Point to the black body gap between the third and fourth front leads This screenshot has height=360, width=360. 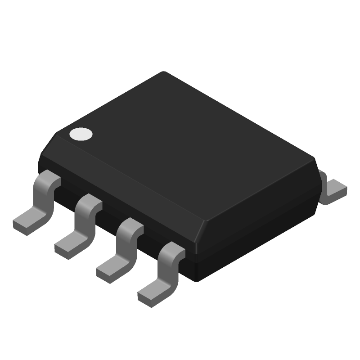click(x=151, y=243)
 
